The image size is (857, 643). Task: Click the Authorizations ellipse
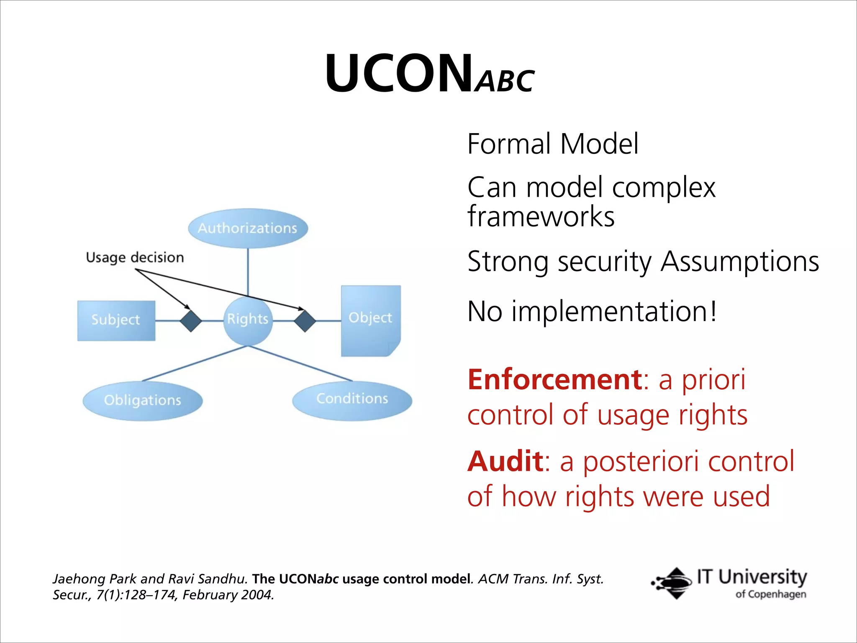pos(248,229)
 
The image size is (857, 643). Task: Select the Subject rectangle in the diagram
pos(116,320)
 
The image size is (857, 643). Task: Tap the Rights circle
pos(248,320)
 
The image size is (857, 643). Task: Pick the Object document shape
pos(371,320)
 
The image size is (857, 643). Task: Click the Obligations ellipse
pos(143,401)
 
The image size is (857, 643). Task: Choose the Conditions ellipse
pos(352,400)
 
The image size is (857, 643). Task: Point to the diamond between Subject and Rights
pos(191,321)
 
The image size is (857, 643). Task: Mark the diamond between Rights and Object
pos(305,321)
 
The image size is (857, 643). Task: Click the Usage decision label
pos(135,257)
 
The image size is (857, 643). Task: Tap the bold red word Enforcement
pos(555,379)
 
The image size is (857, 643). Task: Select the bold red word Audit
pos(505,461)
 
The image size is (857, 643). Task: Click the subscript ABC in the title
pos(505,81)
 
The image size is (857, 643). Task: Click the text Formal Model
pos(552,144)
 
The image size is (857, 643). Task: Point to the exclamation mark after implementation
pos(713,311)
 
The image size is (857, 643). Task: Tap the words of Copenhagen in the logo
pos(770,594)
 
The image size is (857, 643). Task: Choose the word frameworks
pos(541,217)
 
